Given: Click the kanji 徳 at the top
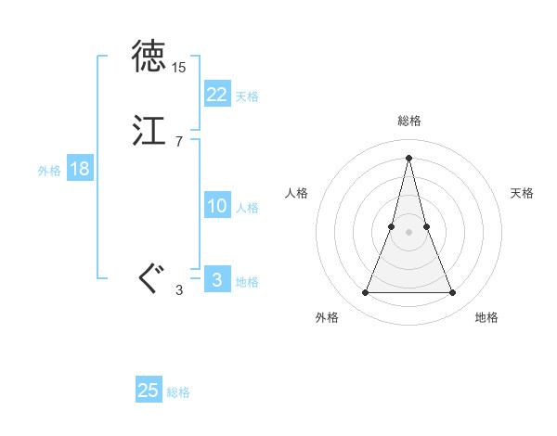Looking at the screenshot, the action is [x=149, y=58].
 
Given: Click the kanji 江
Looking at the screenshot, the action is [x=149, y=131].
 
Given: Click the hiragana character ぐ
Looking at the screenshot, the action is [x=150, y=277].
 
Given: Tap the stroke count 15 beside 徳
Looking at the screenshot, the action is [x=178, y=68].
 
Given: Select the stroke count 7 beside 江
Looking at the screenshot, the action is [x=178, y=142].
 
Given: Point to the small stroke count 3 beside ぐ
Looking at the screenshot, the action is [x=178, y=290].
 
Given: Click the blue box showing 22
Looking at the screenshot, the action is [x=216, y=94].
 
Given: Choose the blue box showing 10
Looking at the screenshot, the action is [x=216, y=206].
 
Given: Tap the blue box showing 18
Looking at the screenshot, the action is [x=79, y=169].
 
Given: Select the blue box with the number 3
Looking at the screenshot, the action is [x=216, y=279].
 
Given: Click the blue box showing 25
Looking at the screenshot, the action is [x=149, y=391].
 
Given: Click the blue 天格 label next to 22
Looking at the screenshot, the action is [x=247, y=96].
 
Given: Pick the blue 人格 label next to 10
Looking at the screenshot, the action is [x=247, y=208].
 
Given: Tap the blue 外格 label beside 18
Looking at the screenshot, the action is [x=49, y=171].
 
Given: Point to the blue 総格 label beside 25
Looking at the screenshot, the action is [x=178, y=392].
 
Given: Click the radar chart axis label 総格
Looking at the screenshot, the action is [x=408, y=121].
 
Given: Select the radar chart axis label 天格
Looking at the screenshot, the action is [x=522, y=193].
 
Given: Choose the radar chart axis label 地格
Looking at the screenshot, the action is [x=486, y=317].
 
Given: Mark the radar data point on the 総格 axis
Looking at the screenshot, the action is [x=408, y=158].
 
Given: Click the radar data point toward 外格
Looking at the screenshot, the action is [x=365, y=293].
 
